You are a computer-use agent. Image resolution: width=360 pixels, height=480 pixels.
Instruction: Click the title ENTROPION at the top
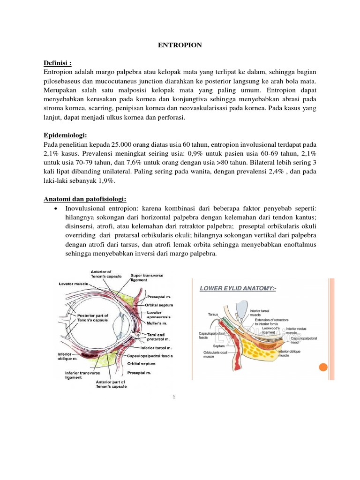[x=180, y=45]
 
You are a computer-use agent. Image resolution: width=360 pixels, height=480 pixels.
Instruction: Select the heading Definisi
[x=58, y=63]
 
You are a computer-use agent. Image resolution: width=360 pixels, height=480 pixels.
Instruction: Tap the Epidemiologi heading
[x=66, y=135]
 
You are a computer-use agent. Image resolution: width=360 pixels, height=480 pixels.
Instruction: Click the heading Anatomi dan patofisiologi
[x=85, y=199]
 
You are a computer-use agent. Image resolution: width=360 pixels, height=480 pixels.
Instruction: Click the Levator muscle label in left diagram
[x=74, y=284]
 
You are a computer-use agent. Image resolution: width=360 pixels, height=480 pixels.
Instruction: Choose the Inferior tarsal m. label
[x=157, y=348]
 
